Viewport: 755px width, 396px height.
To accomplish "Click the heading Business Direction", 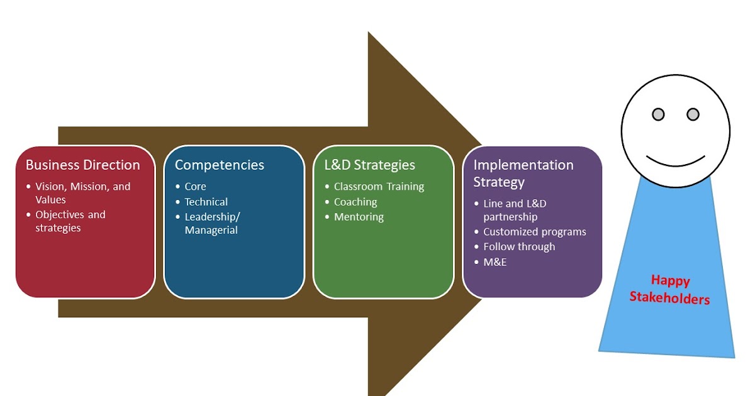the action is [82, 165].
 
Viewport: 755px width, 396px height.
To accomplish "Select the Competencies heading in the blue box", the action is [219, 165].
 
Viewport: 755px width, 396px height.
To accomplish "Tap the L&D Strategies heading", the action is [369, 165].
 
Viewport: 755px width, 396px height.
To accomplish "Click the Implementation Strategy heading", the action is [523, 173].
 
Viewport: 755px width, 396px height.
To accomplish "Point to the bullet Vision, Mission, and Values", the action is [82, 193].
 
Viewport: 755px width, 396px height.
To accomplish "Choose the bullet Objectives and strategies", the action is [70, 221].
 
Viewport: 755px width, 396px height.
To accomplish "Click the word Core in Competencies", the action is [195, 187].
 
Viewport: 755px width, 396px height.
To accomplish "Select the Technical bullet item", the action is [206, 202].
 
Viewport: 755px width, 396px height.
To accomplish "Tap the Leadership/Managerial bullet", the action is [212, 223].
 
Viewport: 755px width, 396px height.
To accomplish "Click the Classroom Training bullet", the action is [379, 187].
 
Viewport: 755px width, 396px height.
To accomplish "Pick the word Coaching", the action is [355, 202].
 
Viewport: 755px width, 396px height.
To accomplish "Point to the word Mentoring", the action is [359, 217].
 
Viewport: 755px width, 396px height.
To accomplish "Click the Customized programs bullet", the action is [534, 232].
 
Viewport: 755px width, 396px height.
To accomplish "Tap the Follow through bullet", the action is [519, 247].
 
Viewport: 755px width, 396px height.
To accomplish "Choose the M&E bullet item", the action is [495, 262].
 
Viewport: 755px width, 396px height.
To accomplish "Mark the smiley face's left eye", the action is [657, 114].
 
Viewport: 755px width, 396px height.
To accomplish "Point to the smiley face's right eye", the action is [693, 114].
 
